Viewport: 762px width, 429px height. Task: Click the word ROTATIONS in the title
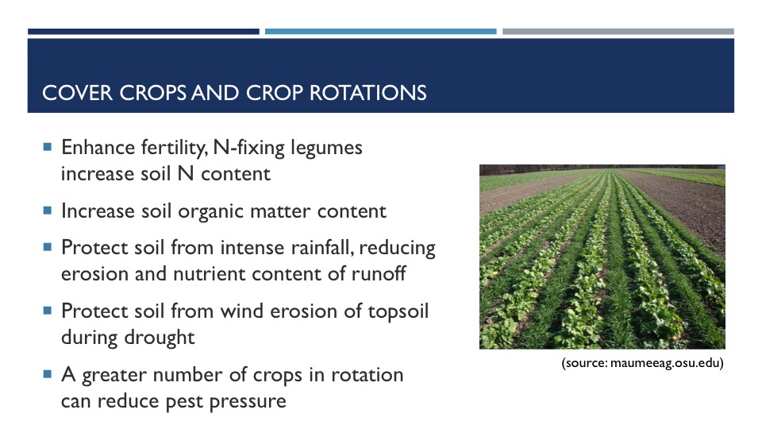(368, 93)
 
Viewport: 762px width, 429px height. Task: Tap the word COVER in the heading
(77, 93)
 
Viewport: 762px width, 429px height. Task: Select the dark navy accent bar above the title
(144, 32)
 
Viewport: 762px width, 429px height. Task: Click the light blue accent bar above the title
(380, 32)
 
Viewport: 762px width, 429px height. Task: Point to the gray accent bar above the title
(618, 32)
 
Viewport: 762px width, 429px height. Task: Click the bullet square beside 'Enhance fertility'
(47, 146)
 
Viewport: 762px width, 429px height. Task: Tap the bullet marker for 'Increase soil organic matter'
(47, 210)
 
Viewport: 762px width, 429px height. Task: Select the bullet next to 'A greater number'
(47, 374)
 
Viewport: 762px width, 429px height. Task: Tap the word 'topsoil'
(398, 311)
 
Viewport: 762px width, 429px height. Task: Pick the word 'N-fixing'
(248, 149)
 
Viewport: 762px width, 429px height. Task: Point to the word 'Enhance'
(98, 148)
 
